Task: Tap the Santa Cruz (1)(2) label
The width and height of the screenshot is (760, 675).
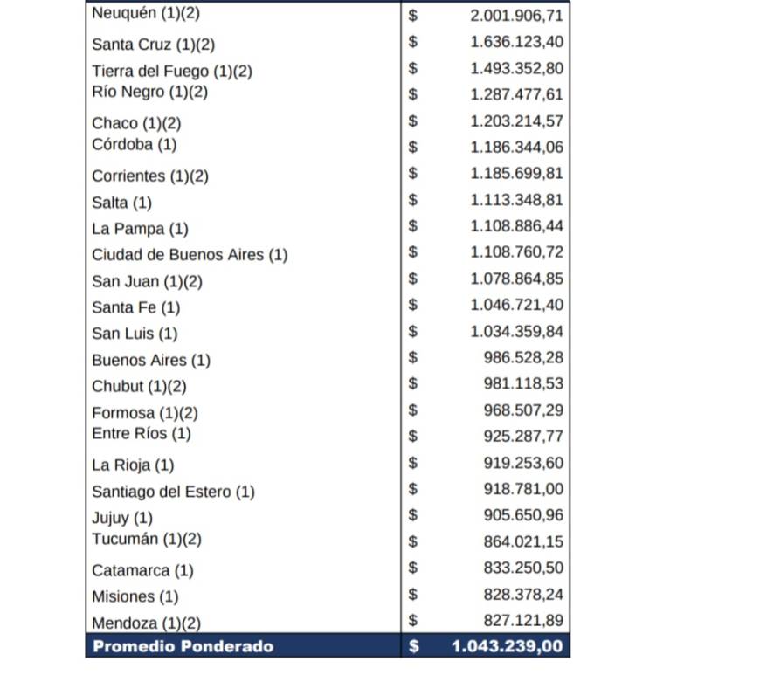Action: point(153,44)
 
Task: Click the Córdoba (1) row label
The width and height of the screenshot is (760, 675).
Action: point(134,144)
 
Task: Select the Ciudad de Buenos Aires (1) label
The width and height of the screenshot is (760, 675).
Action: point(190,255)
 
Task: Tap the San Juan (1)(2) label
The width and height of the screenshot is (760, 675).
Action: point(147,281)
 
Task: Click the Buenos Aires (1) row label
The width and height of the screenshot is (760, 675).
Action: point(151,360)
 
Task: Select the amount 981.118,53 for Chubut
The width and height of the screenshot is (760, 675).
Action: point(523,384)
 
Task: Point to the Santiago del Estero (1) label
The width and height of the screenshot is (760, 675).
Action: point(173,492)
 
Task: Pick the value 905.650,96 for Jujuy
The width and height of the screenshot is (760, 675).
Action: point(523,516)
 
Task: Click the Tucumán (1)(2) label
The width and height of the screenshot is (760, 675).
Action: point(147,539)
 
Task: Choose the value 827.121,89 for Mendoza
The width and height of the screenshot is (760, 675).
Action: point(523,621)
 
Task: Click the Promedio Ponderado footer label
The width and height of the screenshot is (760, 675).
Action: point(183,647)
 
